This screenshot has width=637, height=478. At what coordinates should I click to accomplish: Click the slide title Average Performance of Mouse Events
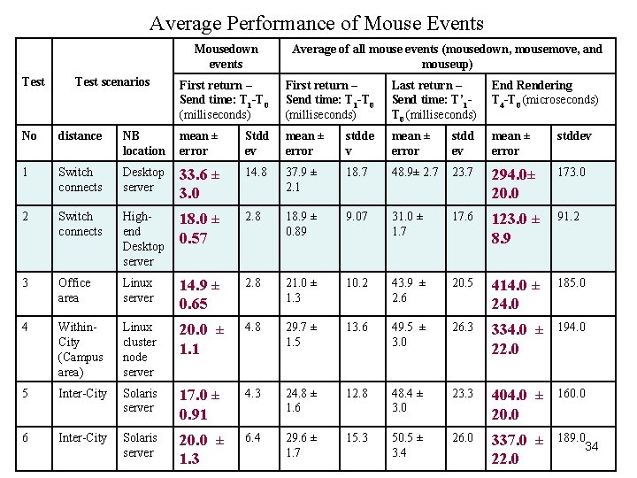pos(317,23)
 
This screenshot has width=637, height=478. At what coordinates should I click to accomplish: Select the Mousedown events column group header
pos(226,57)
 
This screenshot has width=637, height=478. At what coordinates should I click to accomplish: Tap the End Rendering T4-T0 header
pos(544,92)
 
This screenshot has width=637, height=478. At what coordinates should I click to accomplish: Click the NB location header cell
pos(142,143)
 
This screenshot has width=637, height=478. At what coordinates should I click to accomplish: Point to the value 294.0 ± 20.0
pos(516,183)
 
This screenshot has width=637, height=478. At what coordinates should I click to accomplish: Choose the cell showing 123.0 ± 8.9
pos(515,227)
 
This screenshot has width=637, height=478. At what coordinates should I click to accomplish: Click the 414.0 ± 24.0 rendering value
pos(515,294)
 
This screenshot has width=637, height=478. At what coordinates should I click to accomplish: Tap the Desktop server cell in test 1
pos(142,180)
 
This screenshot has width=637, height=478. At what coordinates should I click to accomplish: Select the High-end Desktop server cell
pos(142,239)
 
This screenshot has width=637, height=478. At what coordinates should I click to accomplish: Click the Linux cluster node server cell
pos(142,349)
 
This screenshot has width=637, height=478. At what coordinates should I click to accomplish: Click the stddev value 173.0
pos(571,172)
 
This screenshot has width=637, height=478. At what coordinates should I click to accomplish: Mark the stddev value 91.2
pos(569,216)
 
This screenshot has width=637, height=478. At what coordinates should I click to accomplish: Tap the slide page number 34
pos(592,446)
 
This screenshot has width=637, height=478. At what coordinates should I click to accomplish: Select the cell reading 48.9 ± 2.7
pos(415,172)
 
